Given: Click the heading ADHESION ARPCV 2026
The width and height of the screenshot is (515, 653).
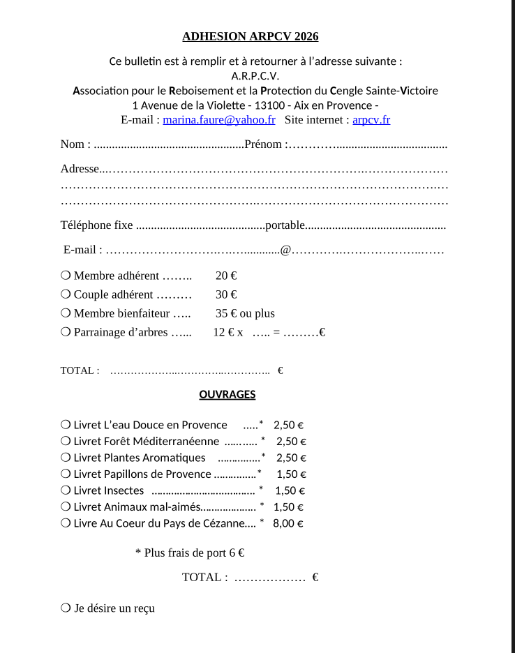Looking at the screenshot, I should coord(250,37).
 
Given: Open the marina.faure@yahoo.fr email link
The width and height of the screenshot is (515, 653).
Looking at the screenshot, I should coord(219,119).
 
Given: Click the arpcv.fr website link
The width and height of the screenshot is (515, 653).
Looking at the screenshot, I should coord(371,119).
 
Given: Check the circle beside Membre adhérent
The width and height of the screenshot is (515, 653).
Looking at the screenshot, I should coord(66,276).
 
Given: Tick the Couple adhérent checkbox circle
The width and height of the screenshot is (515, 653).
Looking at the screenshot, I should coord(66,294).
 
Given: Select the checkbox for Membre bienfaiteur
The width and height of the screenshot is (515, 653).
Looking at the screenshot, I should coord(66,313).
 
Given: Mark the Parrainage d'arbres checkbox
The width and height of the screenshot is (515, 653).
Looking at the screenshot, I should coord(66,332).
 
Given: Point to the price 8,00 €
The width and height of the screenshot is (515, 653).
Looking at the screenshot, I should coord(288,523).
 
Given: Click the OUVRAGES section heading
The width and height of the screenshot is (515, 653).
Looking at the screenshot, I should coord(227,394).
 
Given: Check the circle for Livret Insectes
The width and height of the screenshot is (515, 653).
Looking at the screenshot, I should coord(66,490).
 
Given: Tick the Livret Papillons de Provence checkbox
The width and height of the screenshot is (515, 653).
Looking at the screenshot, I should coord(66,474).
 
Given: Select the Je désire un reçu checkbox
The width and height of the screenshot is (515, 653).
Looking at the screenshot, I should coord(66,608).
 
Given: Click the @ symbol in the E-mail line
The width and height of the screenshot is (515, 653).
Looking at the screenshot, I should coord(285,250).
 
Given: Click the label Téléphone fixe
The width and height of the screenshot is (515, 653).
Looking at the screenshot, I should coord(96,225).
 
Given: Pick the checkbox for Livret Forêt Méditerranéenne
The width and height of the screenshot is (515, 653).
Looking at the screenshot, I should coord(66,441).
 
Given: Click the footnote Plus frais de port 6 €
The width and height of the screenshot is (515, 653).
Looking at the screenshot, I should coord(189,553).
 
